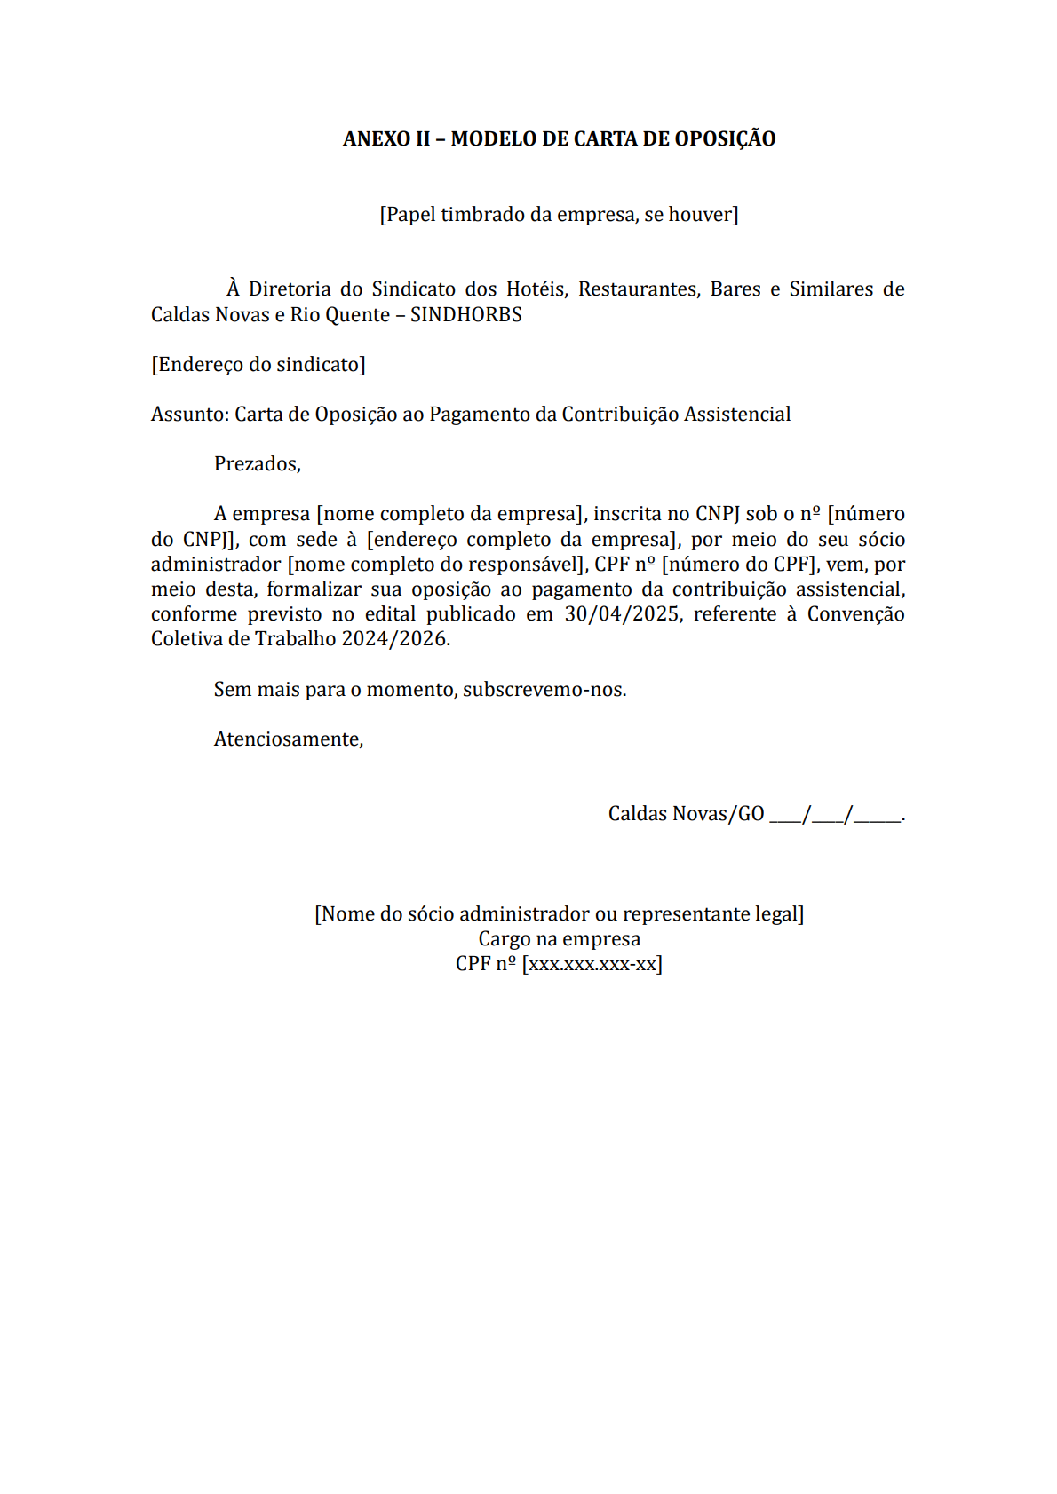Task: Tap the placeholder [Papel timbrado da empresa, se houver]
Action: coord(559,215)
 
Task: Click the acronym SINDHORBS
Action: coord(466,315)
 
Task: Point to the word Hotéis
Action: coord(536,289)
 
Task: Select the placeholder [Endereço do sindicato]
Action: coord(258,365)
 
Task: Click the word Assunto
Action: coord(189,415)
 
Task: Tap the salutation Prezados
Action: coord(257,464)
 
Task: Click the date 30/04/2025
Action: coord(622,614)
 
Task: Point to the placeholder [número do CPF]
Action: coord(739,565)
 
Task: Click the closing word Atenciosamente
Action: coord(288,739)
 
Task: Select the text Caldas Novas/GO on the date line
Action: coord(686,814)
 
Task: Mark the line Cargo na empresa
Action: coord(559,939)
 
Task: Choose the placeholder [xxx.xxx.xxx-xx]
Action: coord(592,964)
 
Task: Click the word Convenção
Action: coord(855,614)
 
